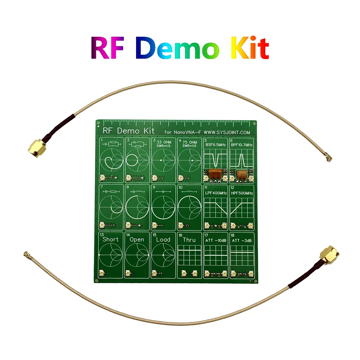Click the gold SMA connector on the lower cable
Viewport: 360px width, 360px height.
[328, 255]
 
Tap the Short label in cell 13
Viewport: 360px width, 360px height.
[111, 239]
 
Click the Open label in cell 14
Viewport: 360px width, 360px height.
[137, 240]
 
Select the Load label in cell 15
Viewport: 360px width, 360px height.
[163, 239]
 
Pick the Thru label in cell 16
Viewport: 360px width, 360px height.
[189, 240]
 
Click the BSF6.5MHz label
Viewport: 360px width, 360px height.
[216, 144]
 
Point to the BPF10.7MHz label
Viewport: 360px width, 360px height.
[242, 144]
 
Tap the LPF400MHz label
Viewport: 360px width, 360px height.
[216, 193]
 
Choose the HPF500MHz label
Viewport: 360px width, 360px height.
[242, 193]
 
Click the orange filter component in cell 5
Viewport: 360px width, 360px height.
[216, 173]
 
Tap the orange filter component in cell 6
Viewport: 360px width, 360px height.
[242, 173]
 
